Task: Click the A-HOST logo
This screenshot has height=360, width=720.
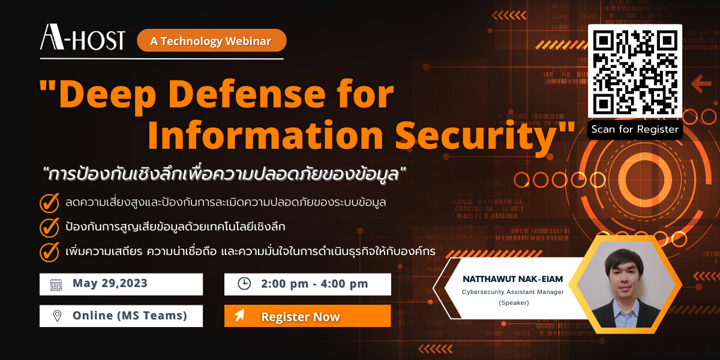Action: point(82,39)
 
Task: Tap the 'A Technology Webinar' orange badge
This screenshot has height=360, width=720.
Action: point(211,41)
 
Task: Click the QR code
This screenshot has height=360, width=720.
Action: point(635,71)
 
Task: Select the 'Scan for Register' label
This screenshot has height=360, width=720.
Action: point(635,129)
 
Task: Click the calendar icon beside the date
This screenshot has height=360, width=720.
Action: point(56,284)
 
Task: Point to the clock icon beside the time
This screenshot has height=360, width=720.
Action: point(244,284)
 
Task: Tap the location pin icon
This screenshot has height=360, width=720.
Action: point(57,316)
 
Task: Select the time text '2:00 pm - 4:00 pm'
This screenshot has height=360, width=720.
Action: point(314,284)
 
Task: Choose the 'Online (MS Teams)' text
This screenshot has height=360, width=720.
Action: point(130,316)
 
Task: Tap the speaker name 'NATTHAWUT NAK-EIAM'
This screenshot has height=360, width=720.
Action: point(513,279)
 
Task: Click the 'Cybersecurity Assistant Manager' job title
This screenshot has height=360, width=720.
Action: point(513,292)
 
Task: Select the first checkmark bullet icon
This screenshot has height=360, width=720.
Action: point(49,203)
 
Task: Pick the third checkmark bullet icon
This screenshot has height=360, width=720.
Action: point(49,252)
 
